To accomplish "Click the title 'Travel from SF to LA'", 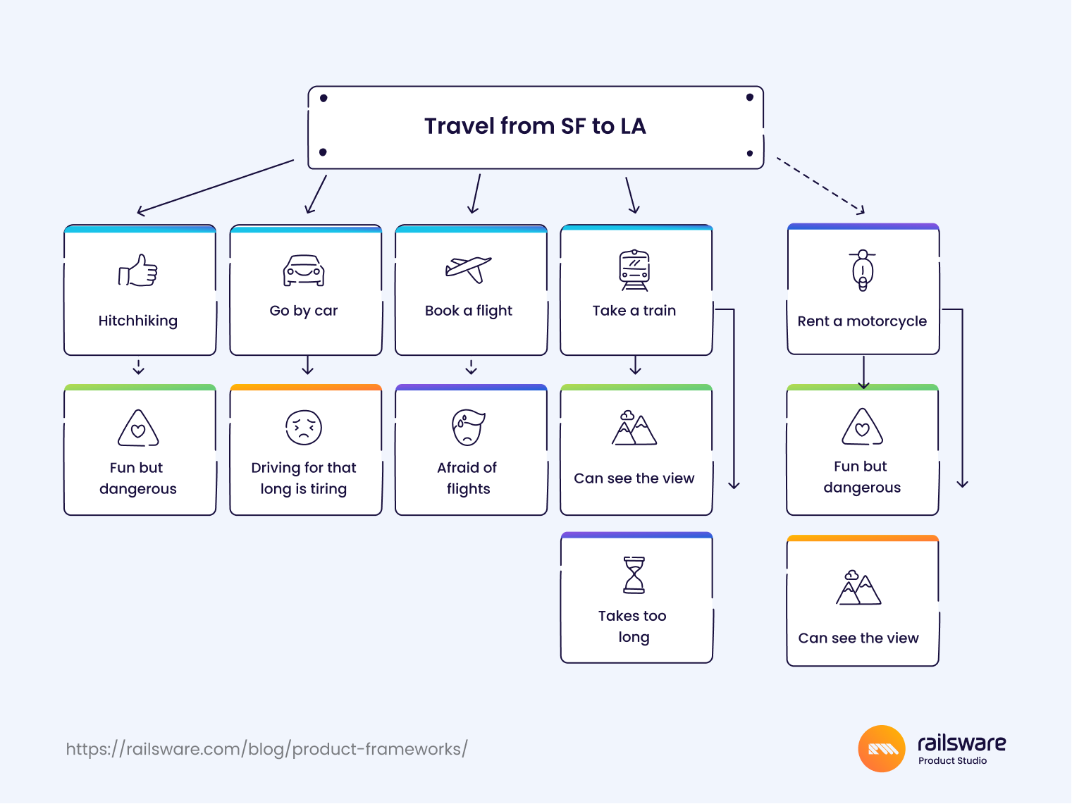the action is (x=535, y=126).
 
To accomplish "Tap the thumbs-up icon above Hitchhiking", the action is (x=137, y=271).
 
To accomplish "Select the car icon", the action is (x=304, y=271).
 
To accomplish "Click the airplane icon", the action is (x=469, y=269).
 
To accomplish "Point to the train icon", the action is (x=634, y=270).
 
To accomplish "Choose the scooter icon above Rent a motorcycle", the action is (x=863, y=271).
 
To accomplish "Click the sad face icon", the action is (x=304, y=428).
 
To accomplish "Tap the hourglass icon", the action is (x=634, y=575).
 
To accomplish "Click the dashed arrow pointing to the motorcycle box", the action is (x=820, y=185).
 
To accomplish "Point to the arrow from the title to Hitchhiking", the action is (x=216, y=187).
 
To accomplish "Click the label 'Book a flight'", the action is (x=469, y=311).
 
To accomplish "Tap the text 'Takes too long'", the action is (x=633, y=626).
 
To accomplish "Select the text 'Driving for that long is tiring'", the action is (x=304, y=478).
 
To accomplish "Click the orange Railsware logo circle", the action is (x=882, y=748).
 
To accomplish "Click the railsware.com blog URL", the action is (x=266, y=749).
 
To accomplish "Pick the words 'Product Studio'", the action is (x=952, y=760).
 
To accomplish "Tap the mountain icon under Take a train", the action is (x=634, y=428).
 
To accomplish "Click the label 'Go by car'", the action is (x=303, y=311).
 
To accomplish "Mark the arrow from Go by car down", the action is (x=307, y=365).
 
